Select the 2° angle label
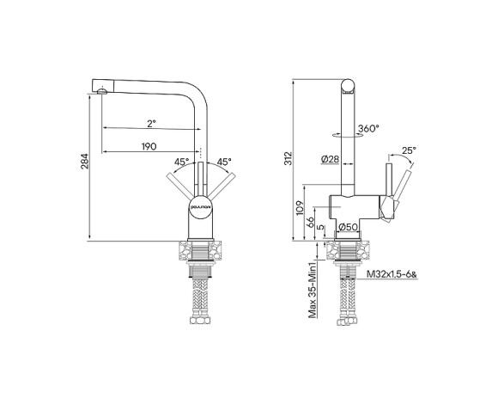[150, 122]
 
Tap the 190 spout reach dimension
[149, 147]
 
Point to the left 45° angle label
[182, 162]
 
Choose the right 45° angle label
[223, 162]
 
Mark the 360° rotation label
[369, 128]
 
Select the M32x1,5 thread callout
[391, 274]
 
